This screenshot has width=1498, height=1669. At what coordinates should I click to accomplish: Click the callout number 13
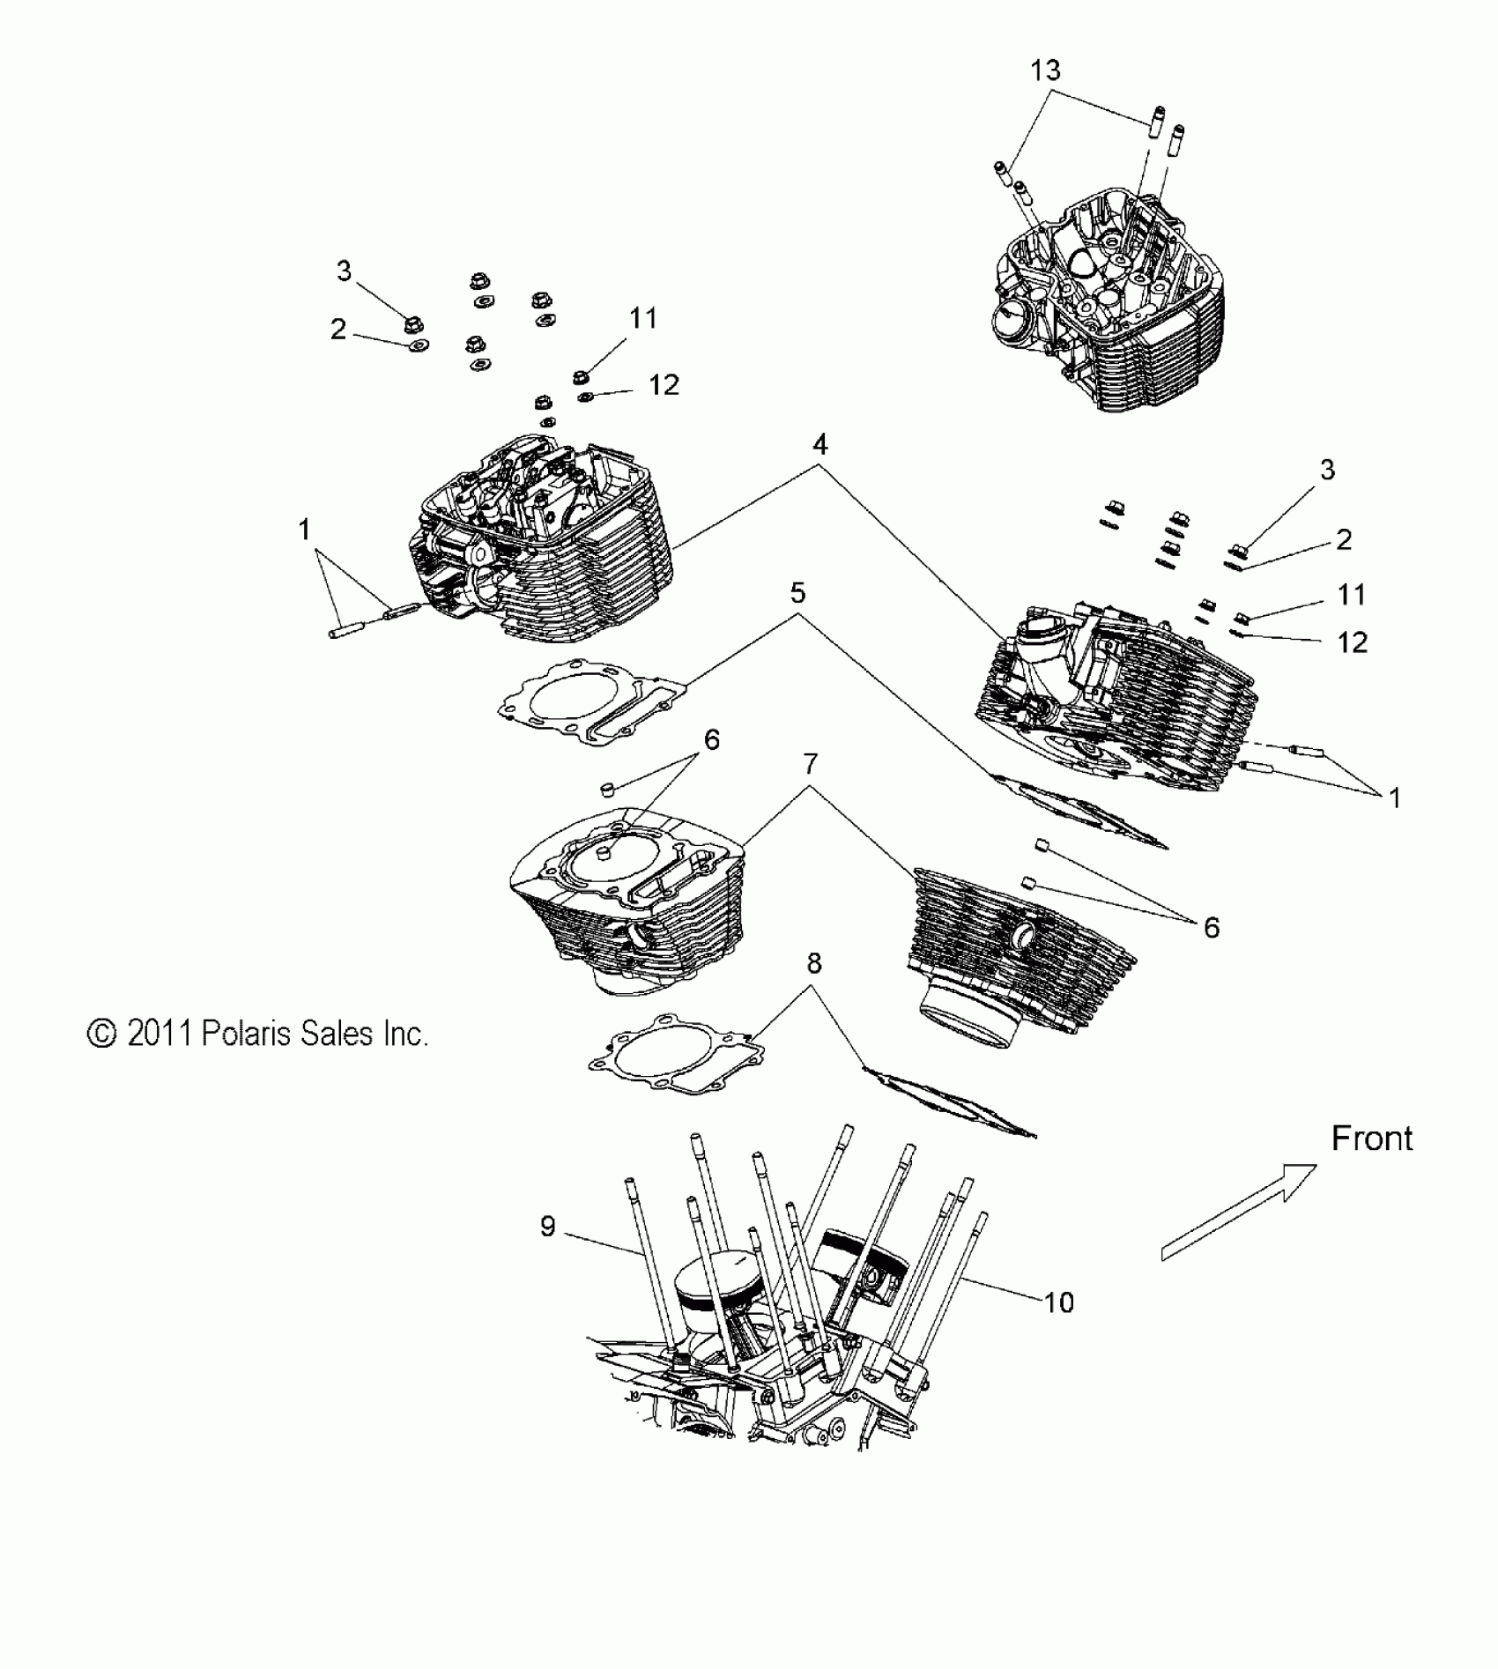point(1045,70)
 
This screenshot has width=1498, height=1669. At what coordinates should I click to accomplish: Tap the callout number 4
point(820,445)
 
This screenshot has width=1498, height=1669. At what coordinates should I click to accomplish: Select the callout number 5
point(797,593)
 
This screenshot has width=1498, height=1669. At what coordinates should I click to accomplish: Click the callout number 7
point(811,764)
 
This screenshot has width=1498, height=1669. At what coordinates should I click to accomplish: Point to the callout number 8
point(813,964)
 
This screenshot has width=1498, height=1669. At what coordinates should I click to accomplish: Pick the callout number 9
point(547,1226)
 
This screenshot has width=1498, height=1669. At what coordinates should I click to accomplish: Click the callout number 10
point(1059,1302)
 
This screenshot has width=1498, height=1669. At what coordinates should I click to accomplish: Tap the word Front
point(1371,1139)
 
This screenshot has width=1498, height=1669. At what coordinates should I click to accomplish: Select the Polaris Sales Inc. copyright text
point(257,1034)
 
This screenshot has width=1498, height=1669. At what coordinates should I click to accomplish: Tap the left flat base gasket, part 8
point(677,1054)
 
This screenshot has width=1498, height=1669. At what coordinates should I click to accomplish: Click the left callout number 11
point(643,318)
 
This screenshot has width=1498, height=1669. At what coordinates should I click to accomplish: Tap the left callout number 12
point(664,385)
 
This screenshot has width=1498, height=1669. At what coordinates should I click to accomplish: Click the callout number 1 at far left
point(304,530)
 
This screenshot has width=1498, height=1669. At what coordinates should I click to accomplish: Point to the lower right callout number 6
point(1212,927)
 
